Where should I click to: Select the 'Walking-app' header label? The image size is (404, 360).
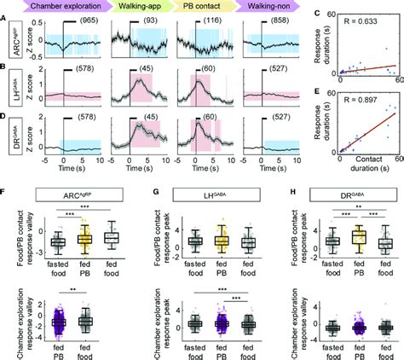(x=143, y=7)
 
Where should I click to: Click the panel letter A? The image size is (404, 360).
(x=6, y=6)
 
